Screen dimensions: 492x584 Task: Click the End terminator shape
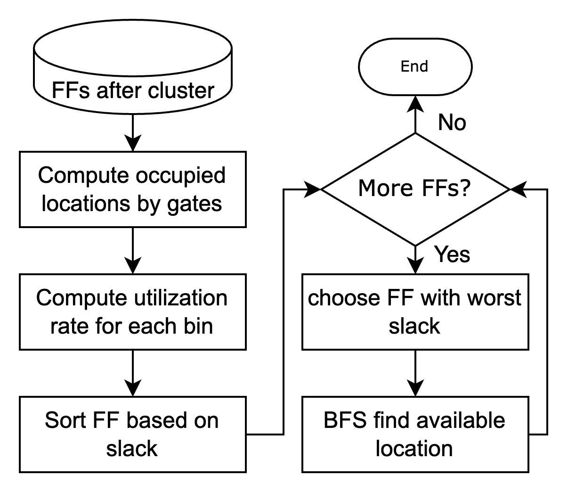pyautogui.click(x=415, y=66)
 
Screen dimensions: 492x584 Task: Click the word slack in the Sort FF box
pyautogui.click(x=132, y=449)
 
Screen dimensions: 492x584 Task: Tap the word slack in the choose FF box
pyautogui.click(x=414, y=326)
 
